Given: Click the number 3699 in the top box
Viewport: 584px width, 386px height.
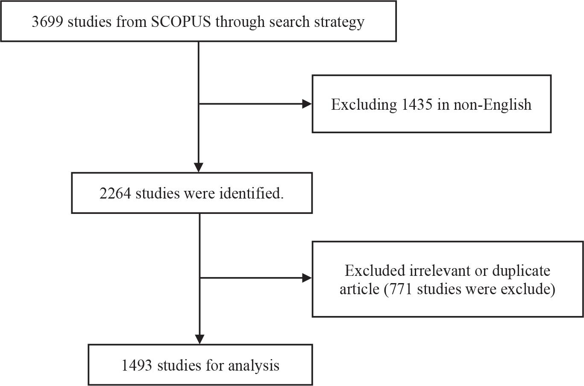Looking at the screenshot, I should [x=47, y=21].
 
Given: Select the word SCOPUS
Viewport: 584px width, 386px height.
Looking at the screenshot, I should [x=181, y=21].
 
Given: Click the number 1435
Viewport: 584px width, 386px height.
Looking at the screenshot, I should [x=417, y=104].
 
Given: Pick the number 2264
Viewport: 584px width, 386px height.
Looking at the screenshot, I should [x=116, y=193].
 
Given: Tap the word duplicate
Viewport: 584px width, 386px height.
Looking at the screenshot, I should [x=521, y=271].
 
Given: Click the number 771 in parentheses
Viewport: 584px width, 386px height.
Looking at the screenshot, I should [x=401, y=289].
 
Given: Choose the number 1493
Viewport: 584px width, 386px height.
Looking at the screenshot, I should [x=138, y=366].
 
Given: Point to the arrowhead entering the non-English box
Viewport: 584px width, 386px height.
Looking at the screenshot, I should [x=307, y=104].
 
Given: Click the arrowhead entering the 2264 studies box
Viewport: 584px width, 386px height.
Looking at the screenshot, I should [x=199, y=167].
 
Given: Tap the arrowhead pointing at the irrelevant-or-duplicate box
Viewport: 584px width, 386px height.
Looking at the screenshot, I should [x=307, y=278].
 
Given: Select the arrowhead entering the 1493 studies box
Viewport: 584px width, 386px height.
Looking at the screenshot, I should [x=200, y=339].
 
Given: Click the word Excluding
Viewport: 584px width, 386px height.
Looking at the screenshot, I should [x=364, y=105].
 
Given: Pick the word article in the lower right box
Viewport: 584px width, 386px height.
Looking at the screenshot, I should [x=359, y=289].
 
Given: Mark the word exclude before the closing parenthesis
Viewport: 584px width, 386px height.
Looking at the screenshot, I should [x=526, y=289].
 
